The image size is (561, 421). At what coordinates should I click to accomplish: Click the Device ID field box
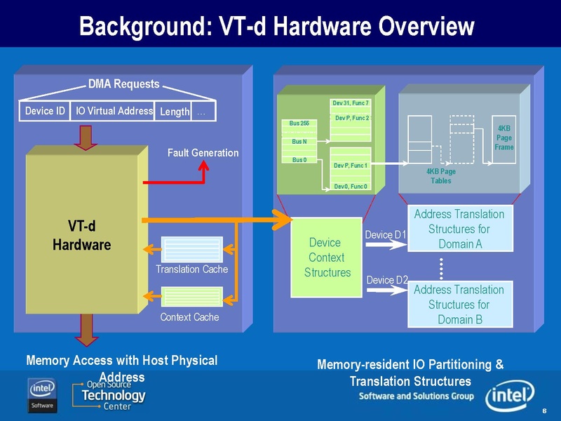click(x=45, y=111)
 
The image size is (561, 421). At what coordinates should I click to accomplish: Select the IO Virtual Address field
click(x=111, y=111)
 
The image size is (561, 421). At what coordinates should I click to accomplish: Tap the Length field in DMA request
click(x=173, y=112)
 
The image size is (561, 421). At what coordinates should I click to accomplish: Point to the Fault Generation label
click(x=203, y=152)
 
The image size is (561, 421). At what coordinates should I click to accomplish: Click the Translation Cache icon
click(x=191, y=249)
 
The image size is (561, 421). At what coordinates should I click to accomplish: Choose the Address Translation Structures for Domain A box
click(x=459, y=229)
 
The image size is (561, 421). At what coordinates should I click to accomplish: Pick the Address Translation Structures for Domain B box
click(x=459, y=305)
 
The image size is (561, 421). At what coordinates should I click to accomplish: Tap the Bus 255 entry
click(x=299, y=123)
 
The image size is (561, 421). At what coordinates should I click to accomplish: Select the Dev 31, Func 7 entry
click(x=351, y=104)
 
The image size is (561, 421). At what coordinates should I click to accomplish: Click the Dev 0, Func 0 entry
click(x=351, y=186)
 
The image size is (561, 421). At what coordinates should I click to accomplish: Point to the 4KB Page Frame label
click(x=504, y=138)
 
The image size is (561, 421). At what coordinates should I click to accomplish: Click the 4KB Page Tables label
click(x=441, y=176)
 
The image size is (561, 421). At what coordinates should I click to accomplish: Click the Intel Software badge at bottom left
click(x=42, y=396)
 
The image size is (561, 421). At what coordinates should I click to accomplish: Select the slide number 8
click(x=545, y=410)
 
